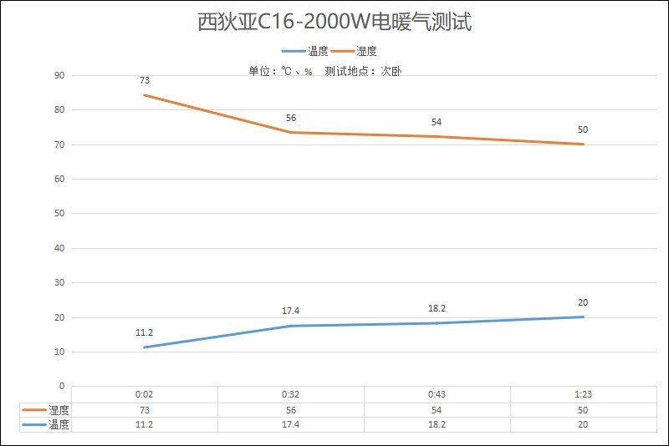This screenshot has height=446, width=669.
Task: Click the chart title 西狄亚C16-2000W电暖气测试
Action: coord(334,23)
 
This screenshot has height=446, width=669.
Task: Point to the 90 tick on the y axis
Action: coord(59,75)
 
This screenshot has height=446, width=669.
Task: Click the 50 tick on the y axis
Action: coord(59,213)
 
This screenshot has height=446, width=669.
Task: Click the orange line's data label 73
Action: coord(145,81)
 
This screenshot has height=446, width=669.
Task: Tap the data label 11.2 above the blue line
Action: coord(145,332)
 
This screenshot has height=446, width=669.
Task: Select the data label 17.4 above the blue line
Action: coord(291,311)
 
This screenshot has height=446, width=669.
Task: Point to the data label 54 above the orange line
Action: coord(437,122)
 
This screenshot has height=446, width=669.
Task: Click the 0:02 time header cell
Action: coord(145,395)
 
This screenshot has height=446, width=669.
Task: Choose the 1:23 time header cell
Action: coord(583,395)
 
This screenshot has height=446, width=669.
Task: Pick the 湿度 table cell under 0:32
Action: coord(291,410)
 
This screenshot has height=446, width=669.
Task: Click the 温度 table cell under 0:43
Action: coord(437,424)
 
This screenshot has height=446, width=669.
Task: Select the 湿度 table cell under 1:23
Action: coord(583,410)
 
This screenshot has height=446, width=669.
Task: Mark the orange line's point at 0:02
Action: coord(145,95)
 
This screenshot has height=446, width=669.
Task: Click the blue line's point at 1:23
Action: coord(583,317)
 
